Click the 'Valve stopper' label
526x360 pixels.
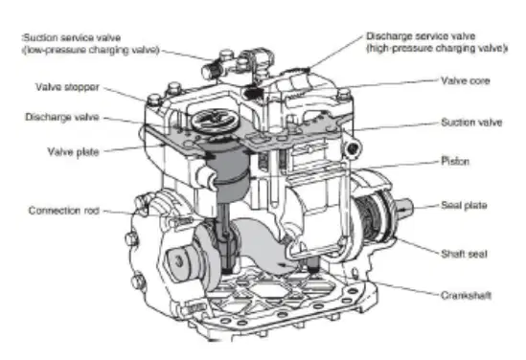click(x=67, y=87)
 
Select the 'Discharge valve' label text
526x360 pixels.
click(x=62, y=117)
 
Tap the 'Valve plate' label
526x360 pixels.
click(x=73, y=152)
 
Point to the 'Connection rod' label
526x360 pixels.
click(x=64, y=211)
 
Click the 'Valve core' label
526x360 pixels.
click(x=466, y=80)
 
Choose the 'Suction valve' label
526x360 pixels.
click(x=471, y=123)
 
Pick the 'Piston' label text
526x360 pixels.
click(x=455, y=161)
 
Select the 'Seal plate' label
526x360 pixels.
click(x=464, y=205)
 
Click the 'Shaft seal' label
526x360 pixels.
click(x=464, y=254)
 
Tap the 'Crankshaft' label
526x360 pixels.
click(x=466, y=295)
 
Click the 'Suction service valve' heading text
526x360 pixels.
click(x=72, y=37)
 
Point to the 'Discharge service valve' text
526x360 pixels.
click(x=421, y=35)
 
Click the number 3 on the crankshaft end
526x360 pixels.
click(x=179, y=260)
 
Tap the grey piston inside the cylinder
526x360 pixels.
click(x=229, y=171)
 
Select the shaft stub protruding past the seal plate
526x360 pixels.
click(x=404, y=207)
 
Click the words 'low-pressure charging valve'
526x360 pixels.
click(x=91, y=50)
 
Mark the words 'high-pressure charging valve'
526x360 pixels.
click(x=436, y=48)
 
